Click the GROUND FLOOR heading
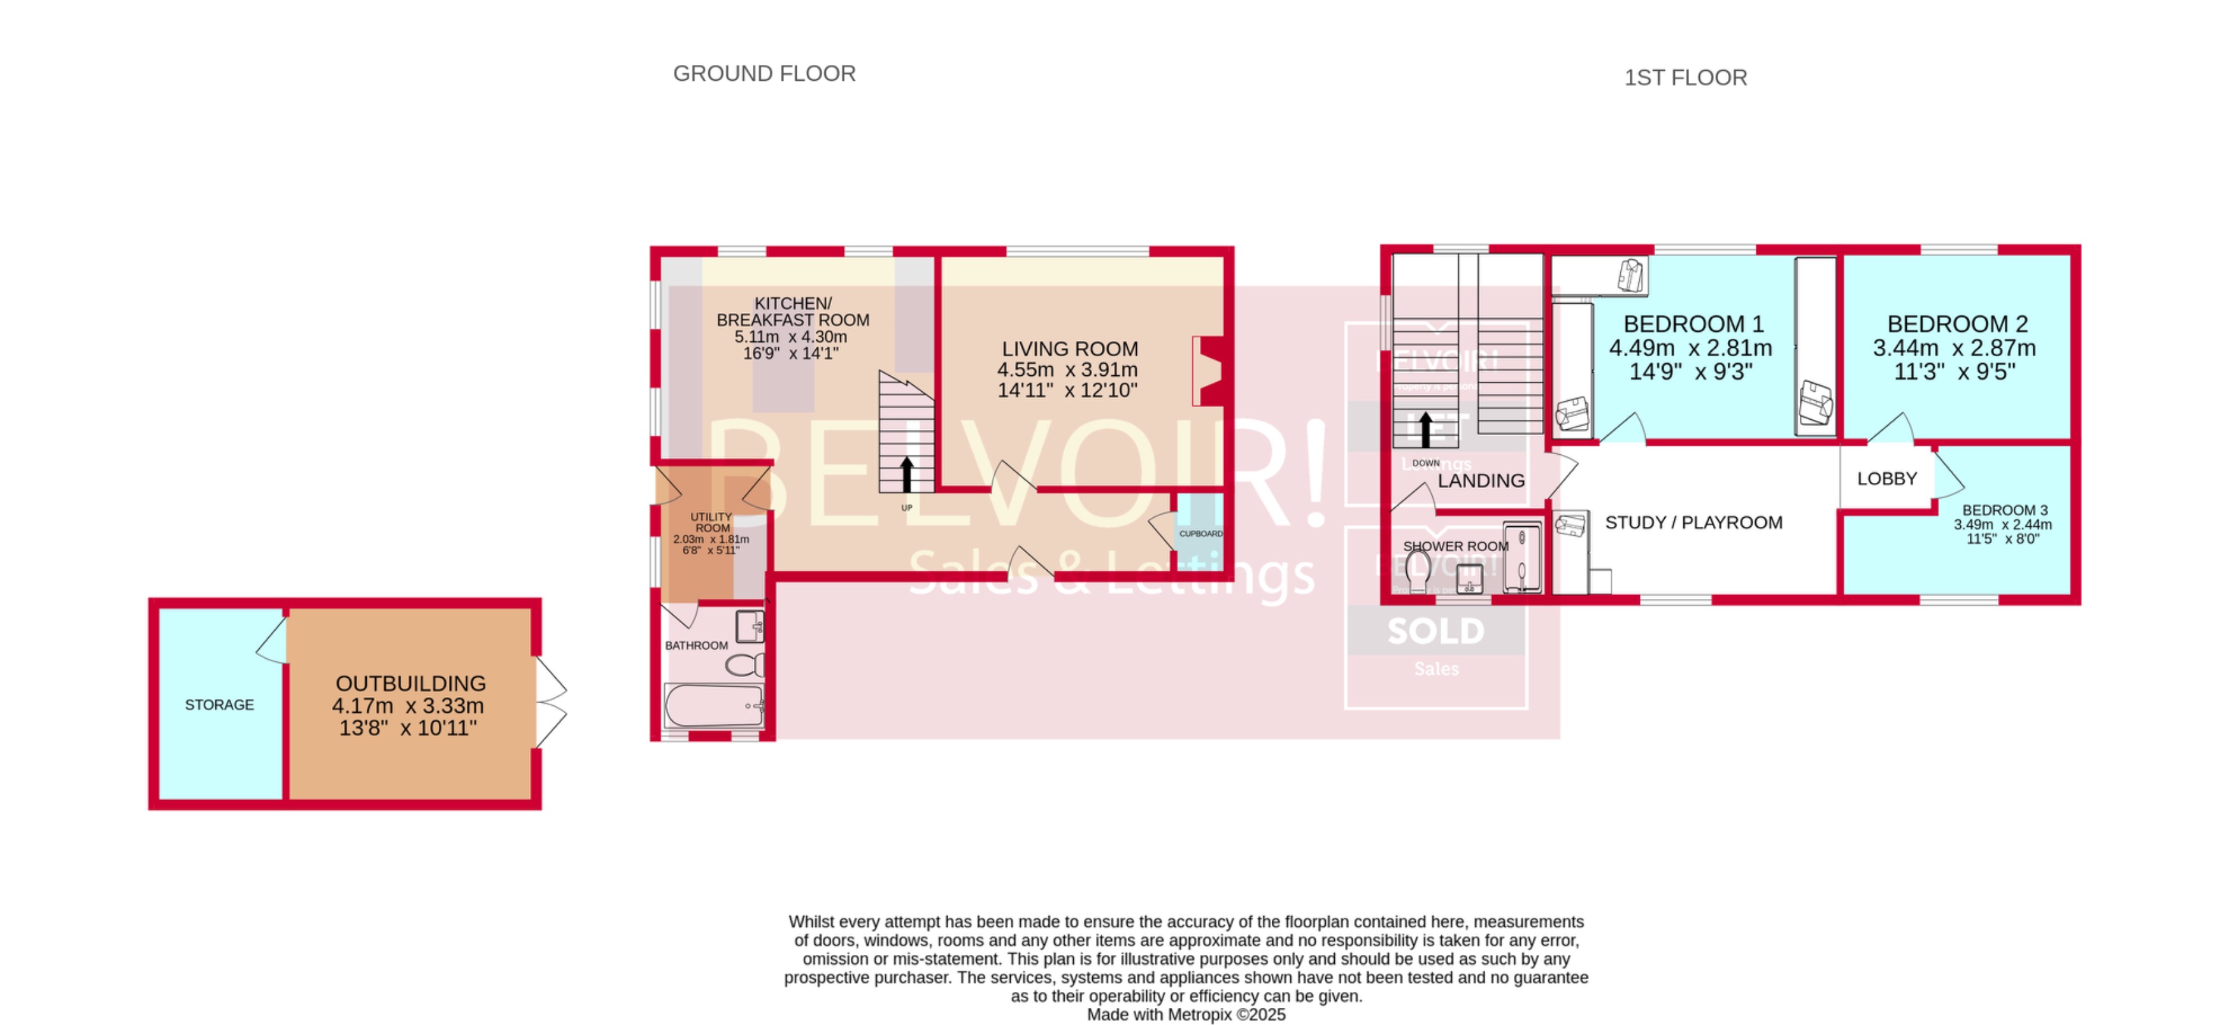764,74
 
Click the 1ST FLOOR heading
1684,78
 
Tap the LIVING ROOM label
1069,349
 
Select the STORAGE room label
219,705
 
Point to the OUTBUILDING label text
410,683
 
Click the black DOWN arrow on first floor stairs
1425,429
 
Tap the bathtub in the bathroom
714,706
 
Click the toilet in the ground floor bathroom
744,665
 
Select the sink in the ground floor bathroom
750,625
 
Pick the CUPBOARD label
1200,534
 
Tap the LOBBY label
1886,479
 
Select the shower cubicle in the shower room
1521,557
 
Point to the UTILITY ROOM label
711,522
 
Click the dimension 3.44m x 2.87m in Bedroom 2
1954,348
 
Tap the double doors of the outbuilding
550,702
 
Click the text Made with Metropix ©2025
1185,1015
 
